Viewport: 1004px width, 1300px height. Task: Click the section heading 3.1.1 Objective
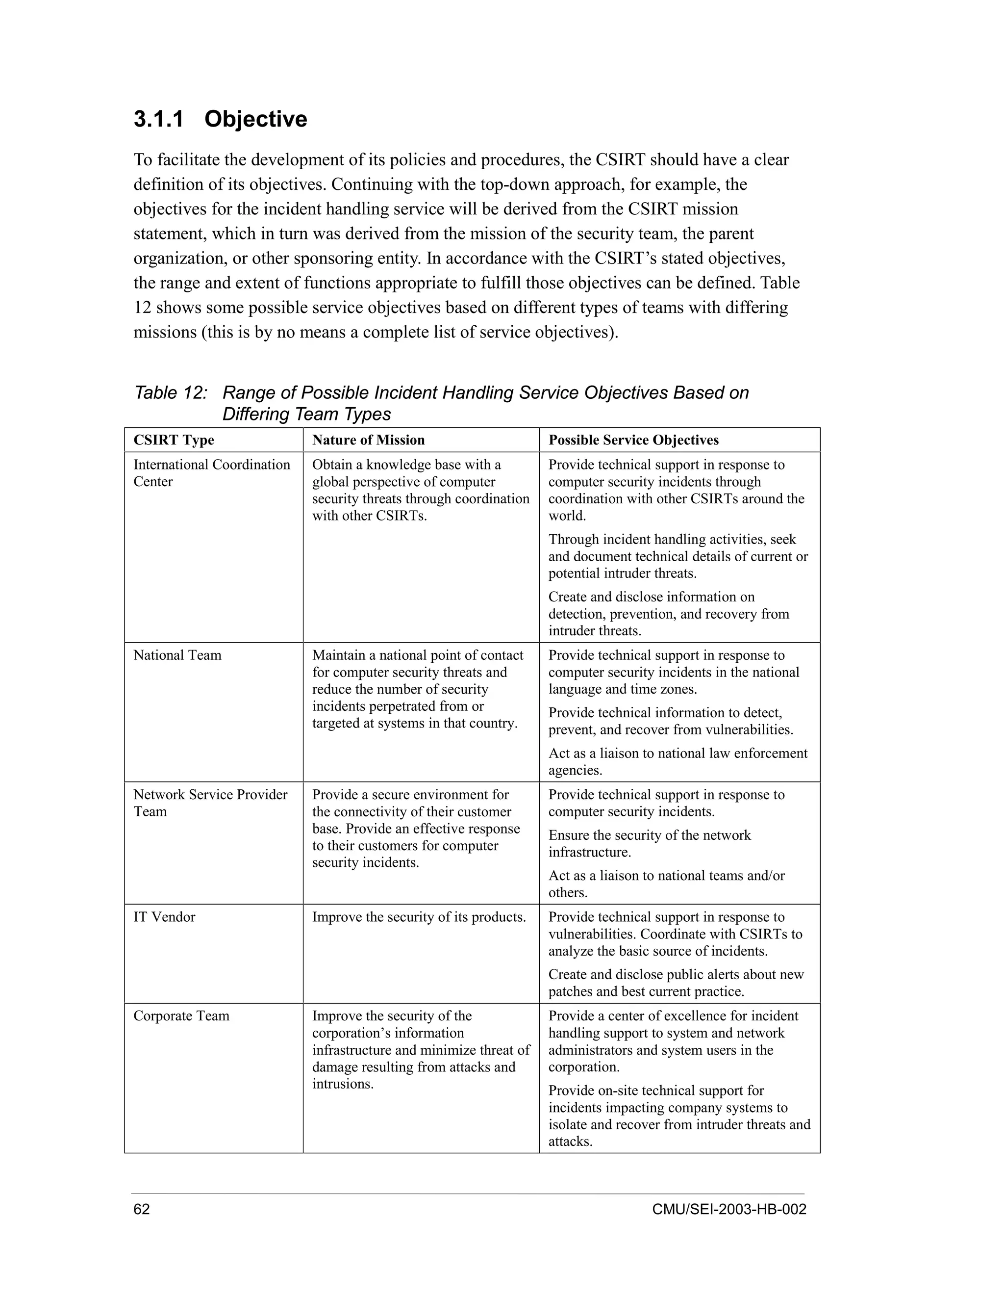220,119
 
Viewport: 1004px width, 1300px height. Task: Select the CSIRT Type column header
174,440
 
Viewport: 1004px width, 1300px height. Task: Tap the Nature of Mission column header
368,440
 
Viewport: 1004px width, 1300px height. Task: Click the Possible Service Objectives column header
633,440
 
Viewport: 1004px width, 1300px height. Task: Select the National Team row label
177,655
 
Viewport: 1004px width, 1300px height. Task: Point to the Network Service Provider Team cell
210,803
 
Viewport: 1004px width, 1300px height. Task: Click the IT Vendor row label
164,917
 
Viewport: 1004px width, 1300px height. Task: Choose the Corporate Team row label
181,1015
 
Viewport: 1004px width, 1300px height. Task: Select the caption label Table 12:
171,393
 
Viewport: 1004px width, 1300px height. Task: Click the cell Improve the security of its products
419,917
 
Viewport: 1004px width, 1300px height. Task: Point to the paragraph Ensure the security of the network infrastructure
650,843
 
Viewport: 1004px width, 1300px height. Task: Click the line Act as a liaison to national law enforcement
678,753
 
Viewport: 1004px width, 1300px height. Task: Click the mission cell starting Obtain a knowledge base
421,490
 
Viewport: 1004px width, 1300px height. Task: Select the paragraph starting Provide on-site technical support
678,1116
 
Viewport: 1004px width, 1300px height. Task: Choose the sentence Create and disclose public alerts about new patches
676,983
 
